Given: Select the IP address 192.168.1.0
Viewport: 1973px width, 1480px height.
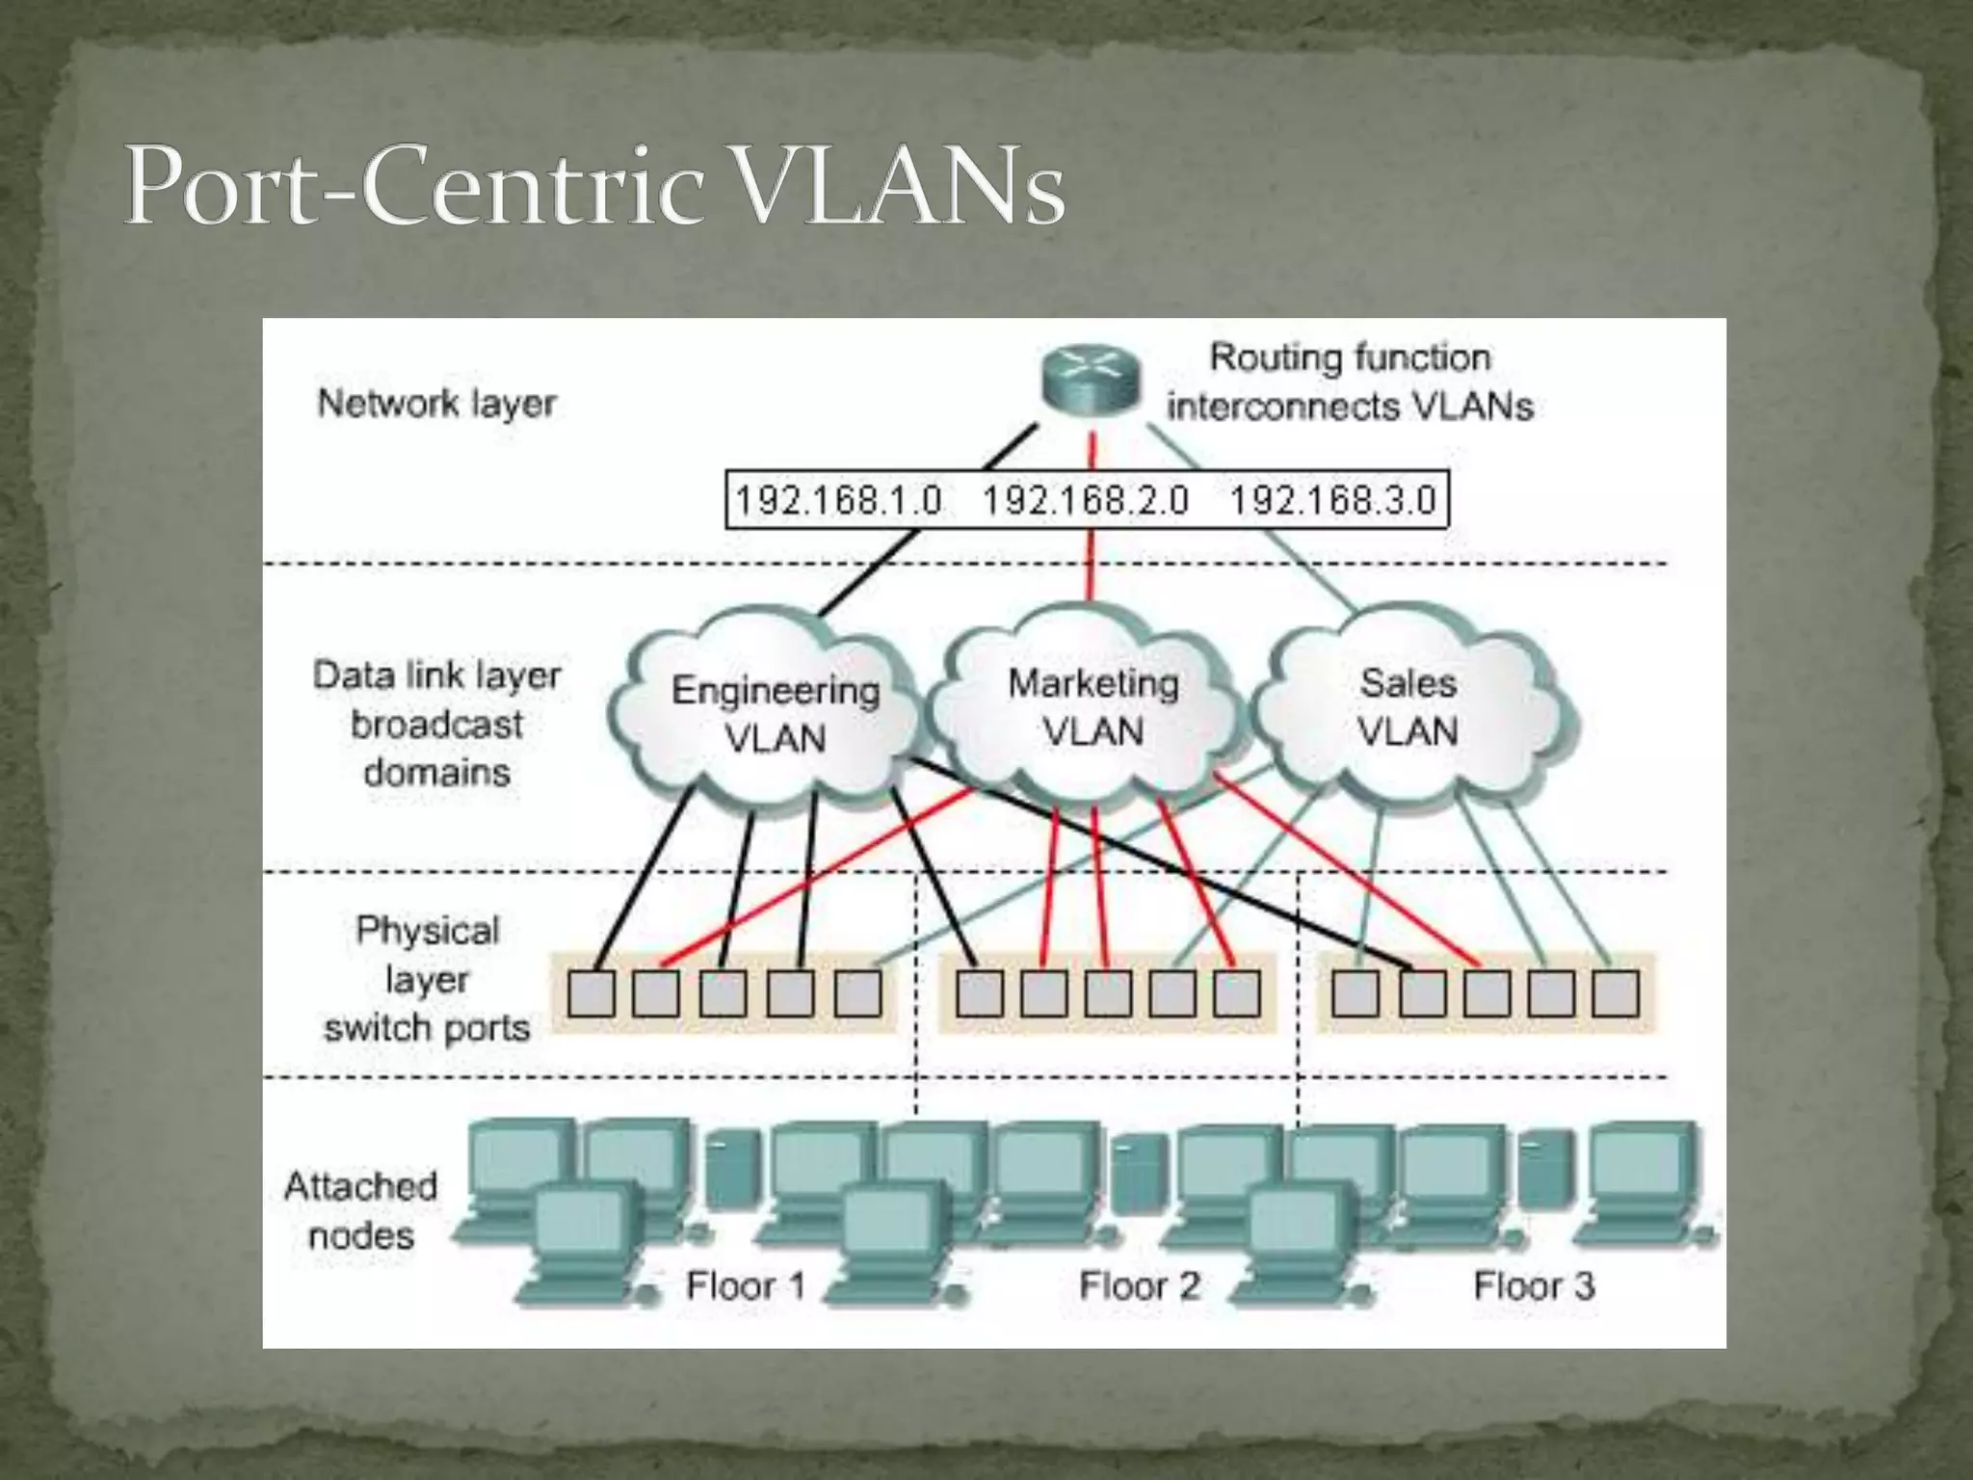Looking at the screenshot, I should pyautogui.click(x=838, y=500).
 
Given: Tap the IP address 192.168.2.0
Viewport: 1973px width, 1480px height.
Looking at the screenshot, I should pyautogui.click(x=1086, y=500).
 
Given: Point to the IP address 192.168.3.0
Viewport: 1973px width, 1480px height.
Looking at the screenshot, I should pyautogui.click(x=1333, y=500).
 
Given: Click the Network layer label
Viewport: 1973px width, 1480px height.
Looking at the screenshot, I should pyautogui.click(x=436, y=403).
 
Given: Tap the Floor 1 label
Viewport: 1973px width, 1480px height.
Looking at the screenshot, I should pyautogui.click(x=745, y=1285).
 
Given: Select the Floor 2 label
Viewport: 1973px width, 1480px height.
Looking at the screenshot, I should pyautogui.click(x=1140, y=1285).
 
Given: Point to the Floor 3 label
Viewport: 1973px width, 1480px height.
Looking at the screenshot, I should pyautogui.click(x=1534, y=1285).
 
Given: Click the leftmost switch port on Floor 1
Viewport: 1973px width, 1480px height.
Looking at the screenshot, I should pyautogui.click(x=592, y=993).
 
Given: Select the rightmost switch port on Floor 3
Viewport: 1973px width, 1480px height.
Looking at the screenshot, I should pyautogui.click(x=1616, y=993).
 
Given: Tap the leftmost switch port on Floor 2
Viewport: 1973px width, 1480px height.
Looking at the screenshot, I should pyautogui.click(x=980, y=993).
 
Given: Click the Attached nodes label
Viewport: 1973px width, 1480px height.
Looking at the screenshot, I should pyautogui.click(x=360, y=1210).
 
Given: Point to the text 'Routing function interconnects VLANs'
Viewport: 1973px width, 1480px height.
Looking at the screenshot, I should pyautogui.click(x=1350, y=382).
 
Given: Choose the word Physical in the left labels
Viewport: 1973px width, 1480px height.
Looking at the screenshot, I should pyautogui.click(x=428, y=930).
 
